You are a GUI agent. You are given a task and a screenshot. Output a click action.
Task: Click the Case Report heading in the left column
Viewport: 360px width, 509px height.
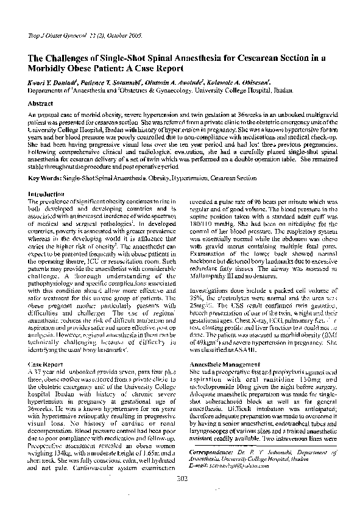(x=45, y=363)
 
